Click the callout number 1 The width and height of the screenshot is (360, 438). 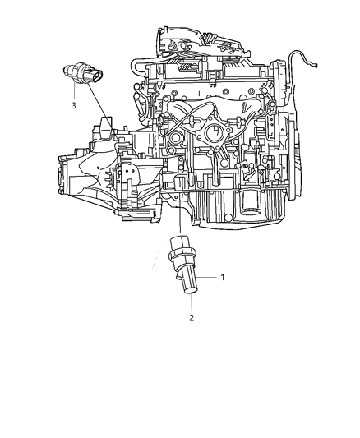222,278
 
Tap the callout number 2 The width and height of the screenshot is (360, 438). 192,318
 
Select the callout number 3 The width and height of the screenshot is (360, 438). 74,105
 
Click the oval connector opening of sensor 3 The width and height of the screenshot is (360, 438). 97,75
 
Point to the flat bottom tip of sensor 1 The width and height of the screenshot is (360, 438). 190,291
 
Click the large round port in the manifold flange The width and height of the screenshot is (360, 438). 215,133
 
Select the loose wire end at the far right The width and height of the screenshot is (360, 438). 315,66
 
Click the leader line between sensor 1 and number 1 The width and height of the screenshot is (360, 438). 206,277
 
